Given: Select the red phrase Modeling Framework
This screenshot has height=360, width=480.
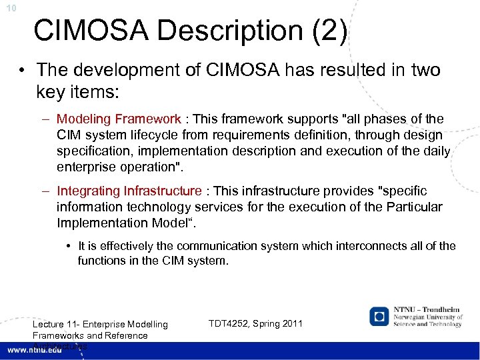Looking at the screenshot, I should [x=119, y=119].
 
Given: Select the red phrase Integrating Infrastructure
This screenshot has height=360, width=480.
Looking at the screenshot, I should [x=129, y=191].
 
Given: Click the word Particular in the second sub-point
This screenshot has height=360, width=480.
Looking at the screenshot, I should [x=409, y=207].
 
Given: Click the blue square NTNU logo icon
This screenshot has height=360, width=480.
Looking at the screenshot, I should [x=380, y=317].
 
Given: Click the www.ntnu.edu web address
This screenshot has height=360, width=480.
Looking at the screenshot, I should [x=33, y=351].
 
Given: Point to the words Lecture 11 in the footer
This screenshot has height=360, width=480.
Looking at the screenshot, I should [x=57, y=325].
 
